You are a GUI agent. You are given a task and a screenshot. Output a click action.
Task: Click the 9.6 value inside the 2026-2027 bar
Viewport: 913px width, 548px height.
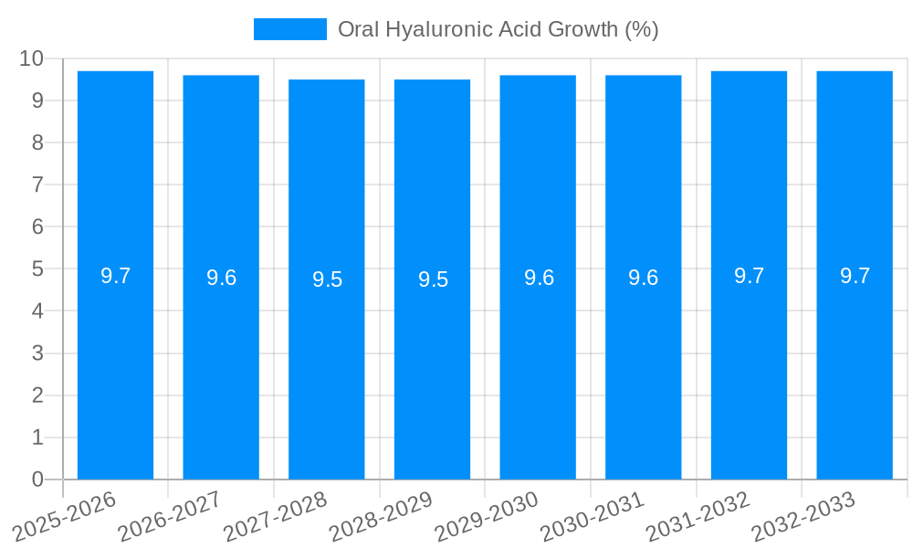point(221,279)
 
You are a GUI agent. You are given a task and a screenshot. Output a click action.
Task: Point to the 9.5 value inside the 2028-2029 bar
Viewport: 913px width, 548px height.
point(433,280)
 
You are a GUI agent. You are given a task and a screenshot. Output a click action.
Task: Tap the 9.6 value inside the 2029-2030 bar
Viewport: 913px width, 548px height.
point(539,279)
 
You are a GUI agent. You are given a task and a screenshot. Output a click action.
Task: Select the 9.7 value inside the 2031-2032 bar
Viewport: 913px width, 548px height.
point(749,276)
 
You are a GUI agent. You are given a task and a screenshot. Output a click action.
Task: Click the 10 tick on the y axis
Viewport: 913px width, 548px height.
point(31,58)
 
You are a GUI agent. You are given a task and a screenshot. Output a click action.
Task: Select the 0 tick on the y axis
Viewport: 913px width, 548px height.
point(37,479)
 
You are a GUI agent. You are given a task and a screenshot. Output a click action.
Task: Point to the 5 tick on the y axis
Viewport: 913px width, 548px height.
point(37,269)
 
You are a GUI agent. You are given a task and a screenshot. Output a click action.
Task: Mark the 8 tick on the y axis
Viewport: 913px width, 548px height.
point(37,142)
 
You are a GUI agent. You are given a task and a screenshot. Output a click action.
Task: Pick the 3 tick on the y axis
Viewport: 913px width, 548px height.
point(37,353)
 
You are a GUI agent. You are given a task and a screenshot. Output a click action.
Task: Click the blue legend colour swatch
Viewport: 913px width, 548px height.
point(289,29)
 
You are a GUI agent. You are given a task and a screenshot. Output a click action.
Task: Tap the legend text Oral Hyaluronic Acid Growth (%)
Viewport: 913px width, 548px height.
point(498,29)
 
